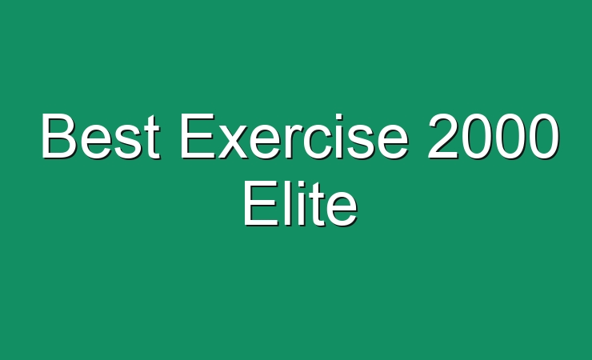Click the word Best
pos(100,136)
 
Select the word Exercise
pos(294,136)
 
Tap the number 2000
pos(494,136)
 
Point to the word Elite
pos(301,203)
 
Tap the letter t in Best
pos(153,138)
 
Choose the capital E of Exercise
pos(198,136)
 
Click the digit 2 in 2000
pos(442,136)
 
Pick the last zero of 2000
pos(545,136)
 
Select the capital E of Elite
pos(261,203)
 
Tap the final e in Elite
pos(342,210)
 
